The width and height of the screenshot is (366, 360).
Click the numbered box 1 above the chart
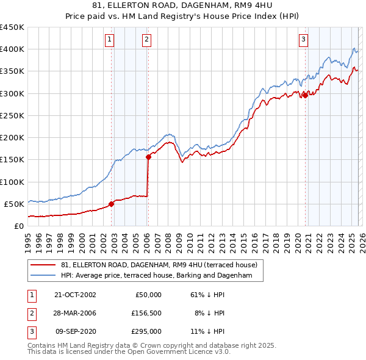(109, 40)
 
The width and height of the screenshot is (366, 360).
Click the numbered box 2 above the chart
(147, 40)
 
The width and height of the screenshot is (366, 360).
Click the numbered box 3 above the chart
(303, 40)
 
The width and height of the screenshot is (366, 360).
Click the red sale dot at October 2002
(111, 204)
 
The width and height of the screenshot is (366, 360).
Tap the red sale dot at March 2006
(148, 157)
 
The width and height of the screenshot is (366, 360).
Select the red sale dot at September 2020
(305, 95)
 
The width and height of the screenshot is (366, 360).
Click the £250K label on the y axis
(12, 115)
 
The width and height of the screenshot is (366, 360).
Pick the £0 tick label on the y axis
(18, 226)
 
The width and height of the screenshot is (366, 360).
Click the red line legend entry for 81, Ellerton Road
(159, 265)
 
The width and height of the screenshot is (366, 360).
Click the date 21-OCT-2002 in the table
(75, 295)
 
